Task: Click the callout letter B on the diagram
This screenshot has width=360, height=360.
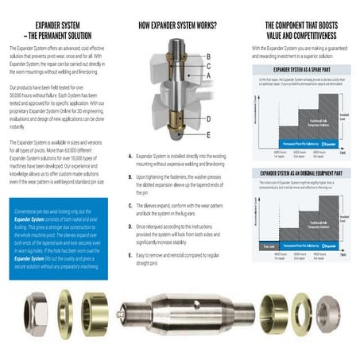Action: pos(208,56)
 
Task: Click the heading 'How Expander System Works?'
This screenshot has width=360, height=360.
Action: pos(177,25)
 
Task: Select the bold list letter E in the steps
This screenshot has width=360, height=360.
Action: pos(130,255)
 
